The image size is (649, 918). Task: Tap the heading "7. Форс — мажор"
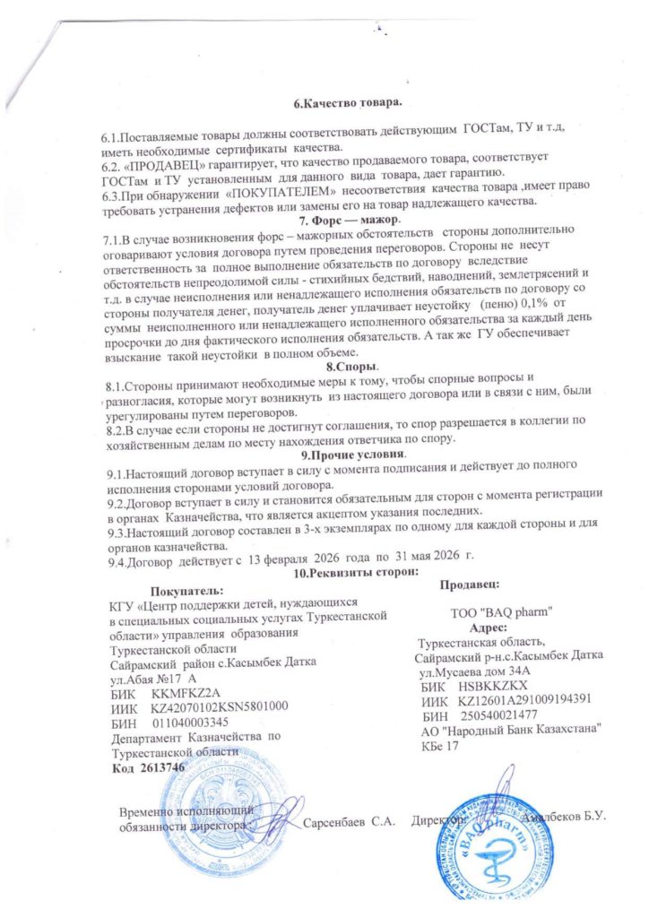pyautogui.click(x=351, y=221)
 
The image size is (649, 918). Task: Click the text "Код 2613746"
pyautogui.click(x=146, y=768)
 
